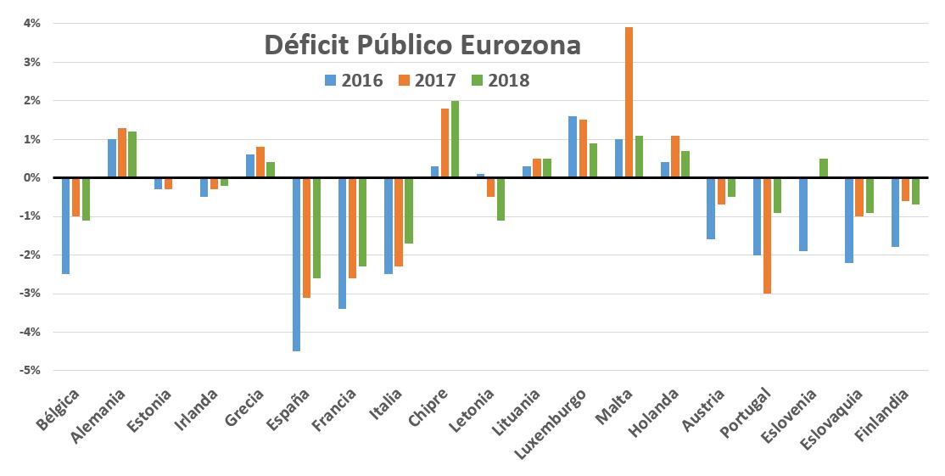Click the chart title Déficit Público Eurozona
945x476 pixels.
tap(422, 45)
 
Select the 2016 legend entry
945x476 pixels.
tap(354, 81)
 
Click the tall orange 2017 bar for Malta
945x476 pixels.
tap(629, 102)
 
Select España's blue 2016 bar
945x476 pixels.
tap(297, 264)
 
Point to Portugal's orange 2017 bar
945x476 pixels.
tap(767, 235)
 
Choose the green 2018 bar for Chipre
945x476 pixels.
tap(455, 139)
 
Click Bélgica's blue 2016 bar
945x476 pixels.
tap(65, 226)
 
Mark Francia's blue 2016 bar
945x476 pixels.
tap(343, 243)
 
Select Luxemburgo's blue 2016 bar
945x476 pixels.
tap(573, 147)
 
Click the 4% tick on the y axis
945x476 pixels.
tap(32, 24)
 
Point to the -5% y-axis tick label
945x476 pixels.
tap(31, 371)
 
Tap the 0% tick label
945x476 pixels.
tap(32, 178)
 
